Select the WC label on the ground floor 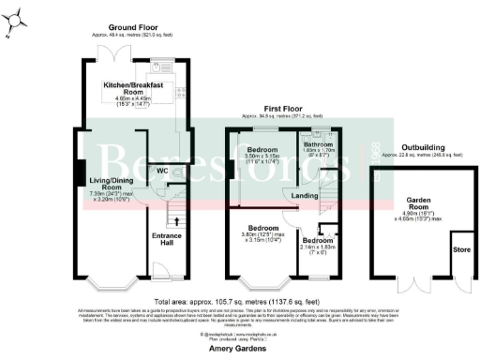coord(162,172)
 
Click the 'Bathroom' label coord(320,143)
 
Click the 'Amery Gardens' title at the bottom coord(240,348)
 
